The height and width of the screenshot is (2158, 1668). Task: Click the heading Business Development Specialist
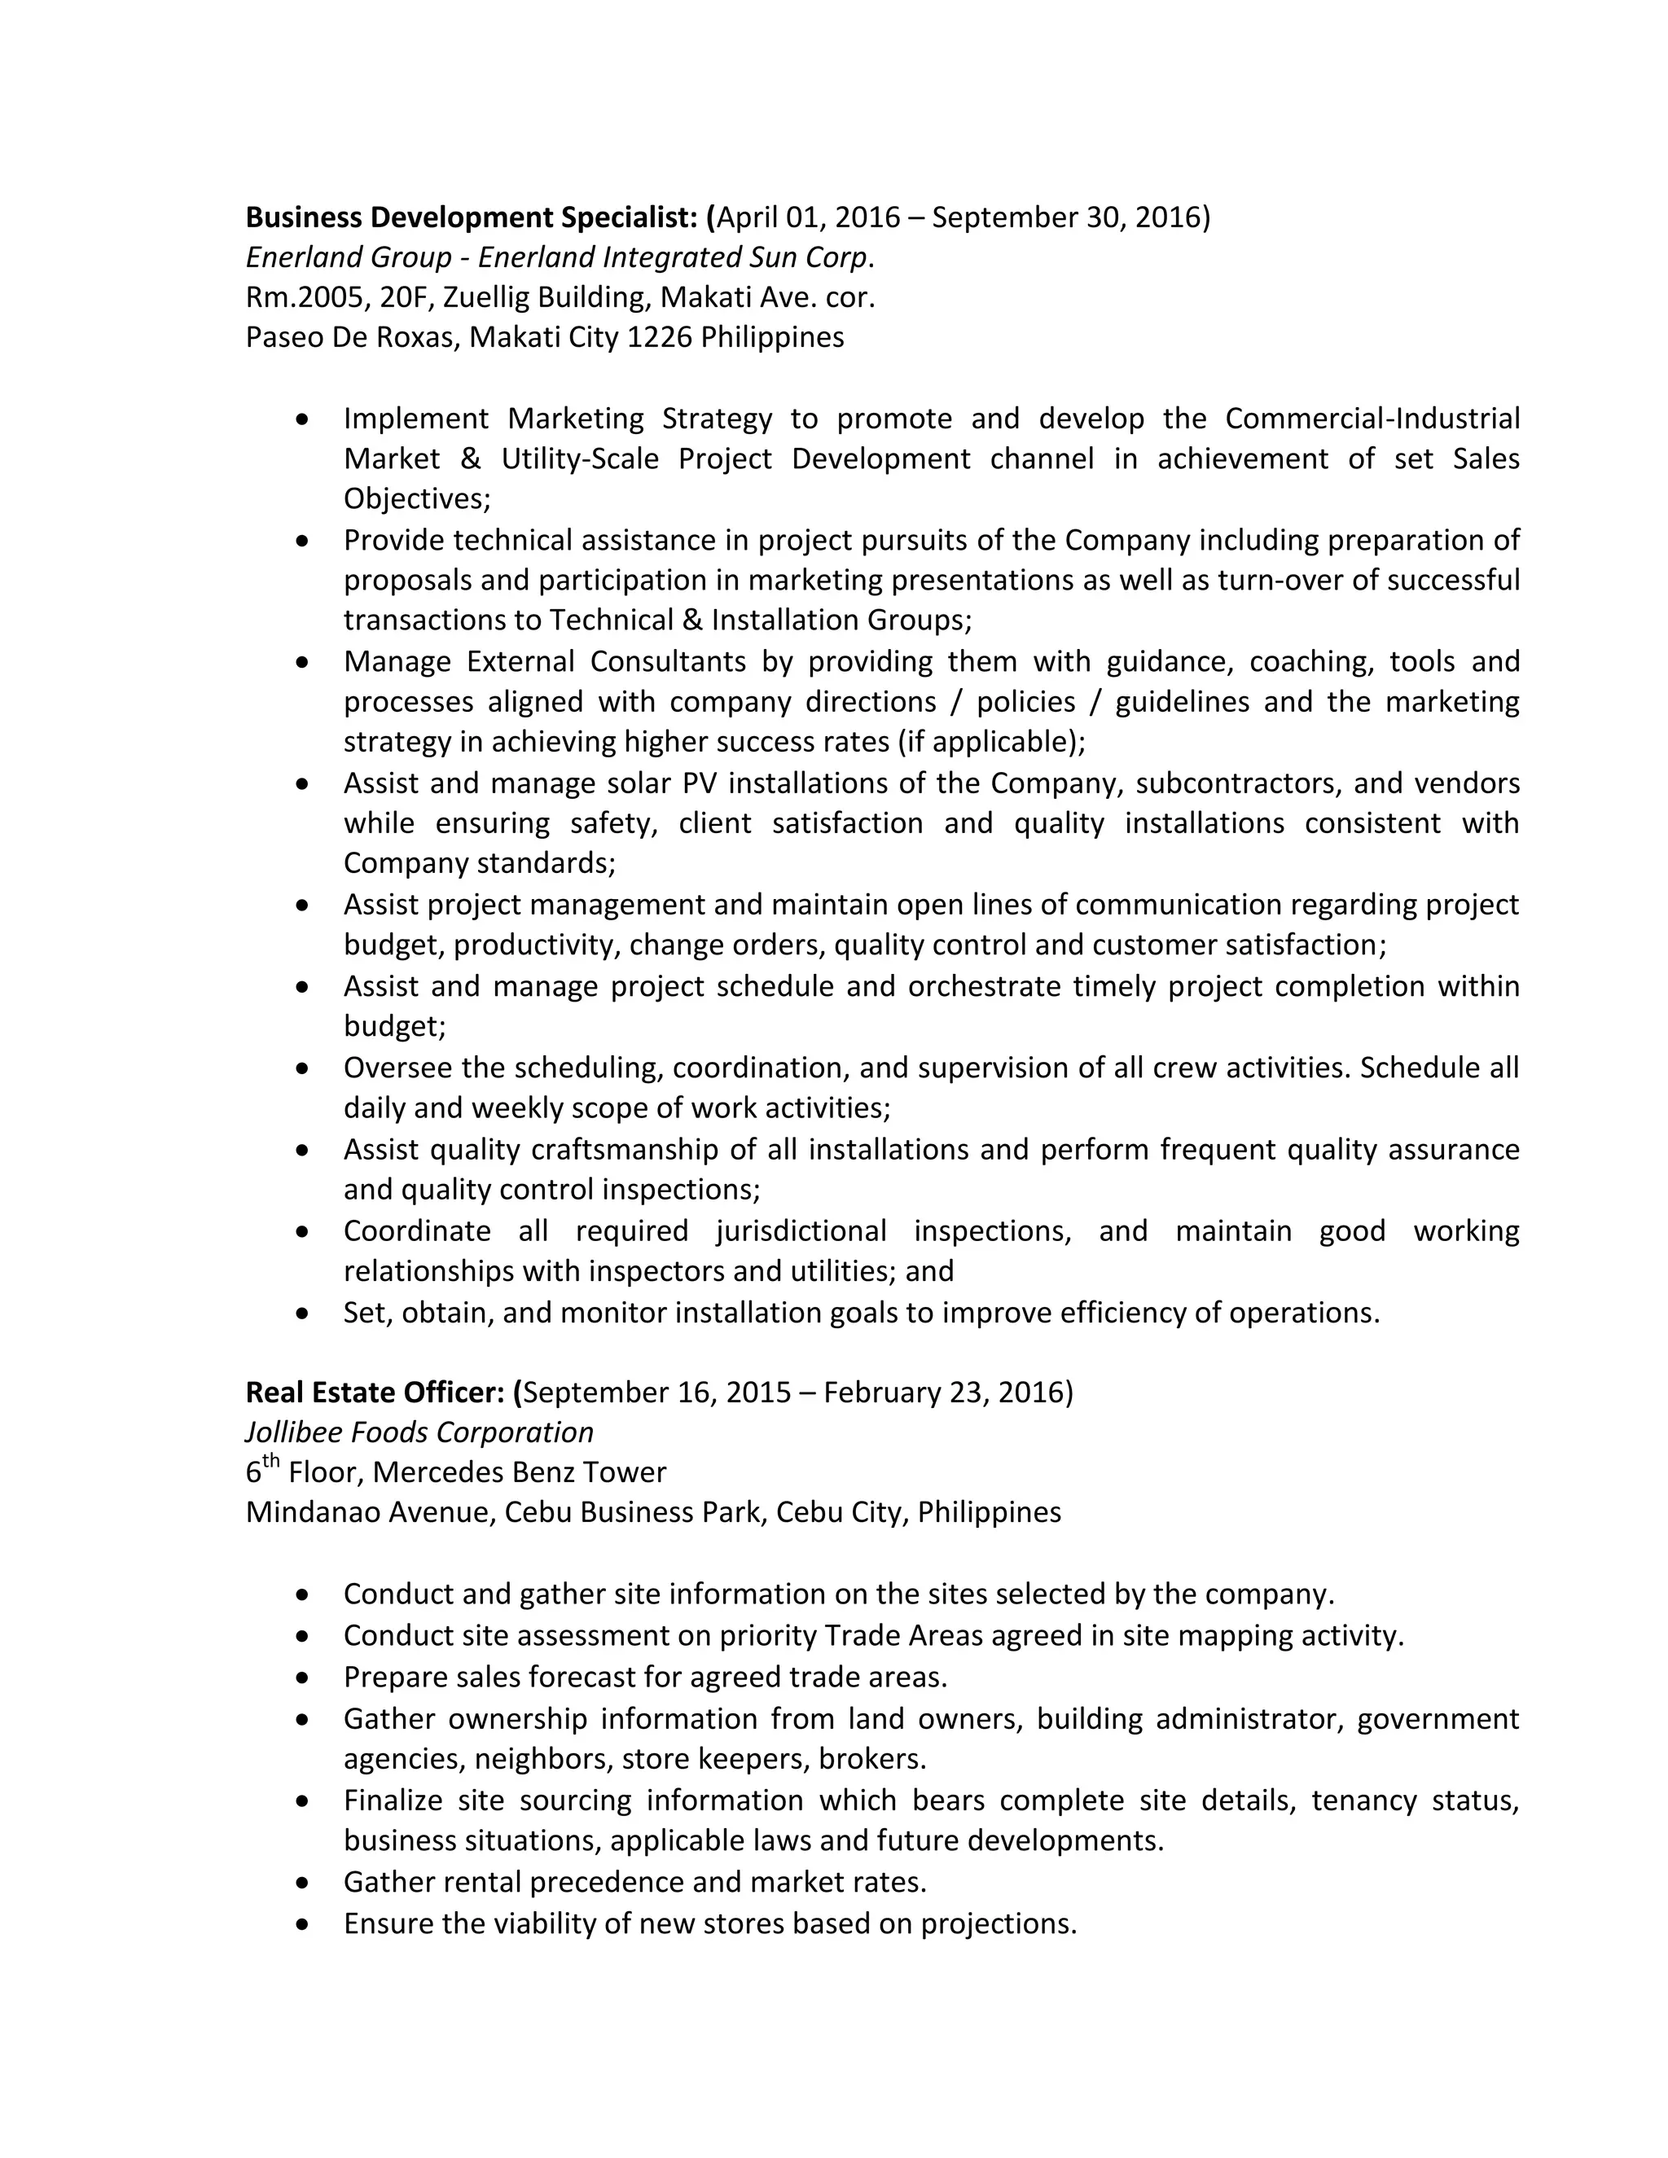tap(473, 217)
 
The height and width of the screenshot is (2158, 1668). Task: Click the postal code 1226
tap(659, 338)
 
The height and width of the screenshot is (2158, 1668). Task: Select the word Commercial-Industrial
tap(1372, 419)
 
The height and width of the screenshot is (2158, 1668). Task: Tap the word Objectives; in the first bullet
tap(417, 499)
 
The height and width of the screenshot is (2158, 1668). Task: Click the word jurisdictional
tap(801, 1231)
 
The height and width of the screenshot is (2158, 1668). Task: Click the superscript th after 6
tap(270, 1463)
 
